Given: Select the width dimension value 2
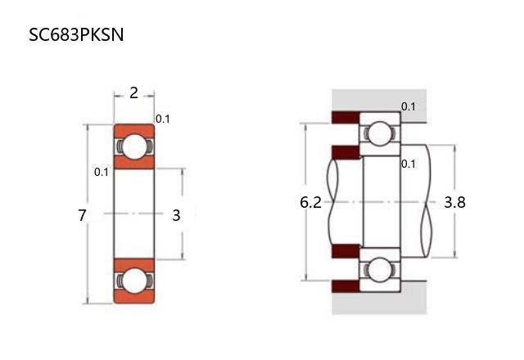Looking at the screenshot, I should click(133, 93).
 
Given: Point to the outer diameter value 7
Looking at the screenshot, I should click(82, 216).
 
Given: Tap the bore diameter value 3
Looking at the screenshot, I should click(176, 216).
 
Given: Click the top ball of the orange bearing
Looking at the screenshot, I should click(134, 146).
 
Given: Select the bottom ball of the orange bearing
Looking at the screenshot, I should click(134, 281).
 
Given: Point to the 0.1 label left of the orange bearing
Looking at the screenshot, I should click(102, 172).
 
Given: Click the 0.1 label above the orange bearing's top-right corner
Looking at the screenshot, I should click(163, 119).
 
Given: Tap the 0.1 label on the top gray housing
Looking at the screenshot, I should click(409, 107).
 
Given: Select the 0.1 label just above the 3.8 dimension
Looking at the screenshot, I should click(409, 164).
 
